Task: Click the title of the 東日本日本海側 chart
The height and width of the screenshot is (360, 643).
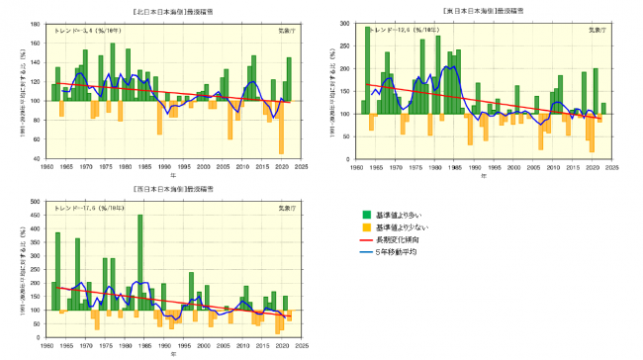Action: click(x=482, y=9)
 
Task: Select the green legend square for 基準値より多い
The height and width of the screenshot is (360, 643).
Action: click(x=369, y=214)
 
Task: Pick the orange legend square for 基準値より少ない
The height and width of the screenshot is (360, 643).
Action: click(x=369, y=227)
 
